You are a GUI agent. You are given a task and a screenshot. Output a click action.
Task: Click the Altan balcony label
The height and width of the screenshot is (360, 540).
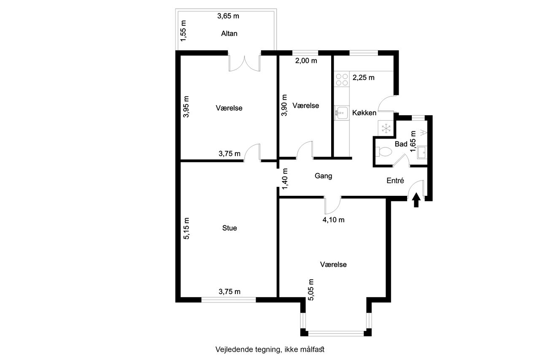point(229,33)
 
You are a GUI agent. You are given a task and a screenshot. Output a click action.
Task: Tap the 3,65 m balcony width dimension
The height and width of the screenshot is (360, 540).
point(228,16)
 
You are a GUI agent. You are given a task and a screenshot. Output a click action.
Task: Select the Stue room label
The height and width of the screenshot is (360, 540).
point(229,228)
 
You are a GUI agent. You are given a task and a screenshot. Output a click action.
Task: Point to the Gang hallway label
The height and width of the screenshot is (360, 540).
point(323,176)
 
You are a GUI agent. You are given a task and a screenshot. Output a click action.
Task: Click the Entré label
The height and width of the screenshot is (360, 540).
point(395,180)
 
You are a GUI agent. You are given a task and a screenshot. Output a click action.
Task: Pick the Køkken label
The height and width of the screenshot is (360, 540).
point(364,113)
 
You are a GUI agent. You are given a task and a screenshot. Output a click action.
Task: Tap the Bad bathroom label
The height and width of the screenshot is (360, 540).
point(401,144)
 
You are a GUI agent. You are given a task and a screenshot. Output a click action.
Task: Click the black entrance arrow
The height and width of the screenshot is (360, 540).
point(416,200)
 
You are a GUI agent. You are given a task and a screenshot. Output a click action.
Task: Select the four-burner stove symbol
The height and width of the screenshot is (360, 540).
point(342,79)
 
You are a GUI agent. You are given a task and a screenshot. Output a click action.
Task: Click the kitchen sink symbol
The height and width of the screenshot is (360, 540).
point(341,113)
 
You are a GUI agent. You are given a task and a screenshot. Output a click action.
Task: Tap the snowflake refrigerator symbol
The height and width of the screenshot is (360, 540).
point(386,128)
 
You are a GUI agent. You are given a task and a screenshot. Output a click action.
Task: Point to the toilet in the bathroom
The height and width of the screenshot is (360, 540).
point(383,152)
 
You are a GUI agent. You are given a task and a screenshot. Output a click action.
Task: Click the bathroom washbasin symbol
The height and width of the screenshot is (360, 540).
point(422,152)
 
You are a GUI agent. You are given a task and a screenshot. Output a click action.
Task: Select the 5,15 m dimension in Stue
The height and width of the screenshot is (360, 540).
point(186,228)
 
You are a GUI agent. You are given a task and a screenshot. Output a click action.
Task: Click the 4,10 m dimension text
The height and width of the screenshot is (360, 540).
point(333,219)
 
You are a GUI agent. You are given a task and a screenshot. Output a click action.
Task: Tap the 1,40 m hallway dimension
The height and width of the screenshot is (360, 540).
point(285,179)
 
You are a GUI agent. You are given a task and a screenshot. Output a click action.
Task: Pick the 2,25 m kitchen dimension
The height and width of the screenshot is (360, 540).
point(364,77)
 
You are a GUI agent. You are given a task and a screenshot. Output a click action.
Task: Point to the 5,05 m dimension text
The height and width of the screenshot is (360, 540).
point(311,290)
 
